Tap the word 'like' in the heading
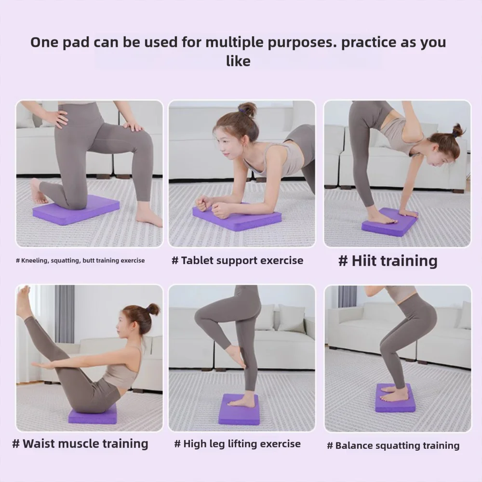pyautogui.click(x=238, y=61)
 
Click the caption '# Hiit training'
pyautogui.click(x=388, y=261)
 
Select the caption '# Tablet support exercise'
pyautogui.click(x=238, y=261)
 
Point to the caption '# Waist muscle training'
pyautogui.click(x=80, y=443)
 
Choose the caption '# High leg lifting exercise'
pyautogui.click(x=237, y=444)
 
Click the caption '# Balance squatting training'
pyautogui.click(x=393, y=445)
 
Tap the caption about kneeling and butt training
pyautogui.click(x=80, y=261)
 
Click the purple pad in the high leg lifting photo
pyautogui.click(x=239, y=410)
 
